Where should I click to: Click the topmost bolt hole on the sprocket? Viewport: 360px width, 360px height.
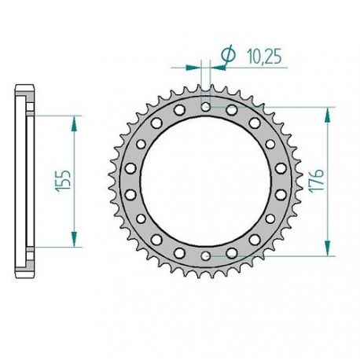(206, 105)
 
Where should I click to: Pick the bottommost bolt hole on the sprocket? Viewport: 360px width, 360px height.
(206, 255)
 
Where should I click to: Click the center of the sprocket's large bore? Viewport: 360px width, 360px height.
(206, 180)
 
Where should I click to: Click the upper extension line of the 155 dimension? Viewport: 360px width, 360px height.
(55, 114)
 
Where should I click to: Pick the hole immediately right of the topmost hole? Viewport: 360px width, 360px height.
(232, 110)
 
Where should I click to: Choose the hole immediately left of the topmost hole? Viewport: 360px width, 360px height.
(180, 110)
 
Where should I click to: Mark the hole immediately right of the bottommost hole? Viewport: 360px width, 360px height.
(232, 251)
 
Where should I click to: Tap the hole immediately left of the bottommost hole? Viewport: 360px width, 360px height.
(180, 251)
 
